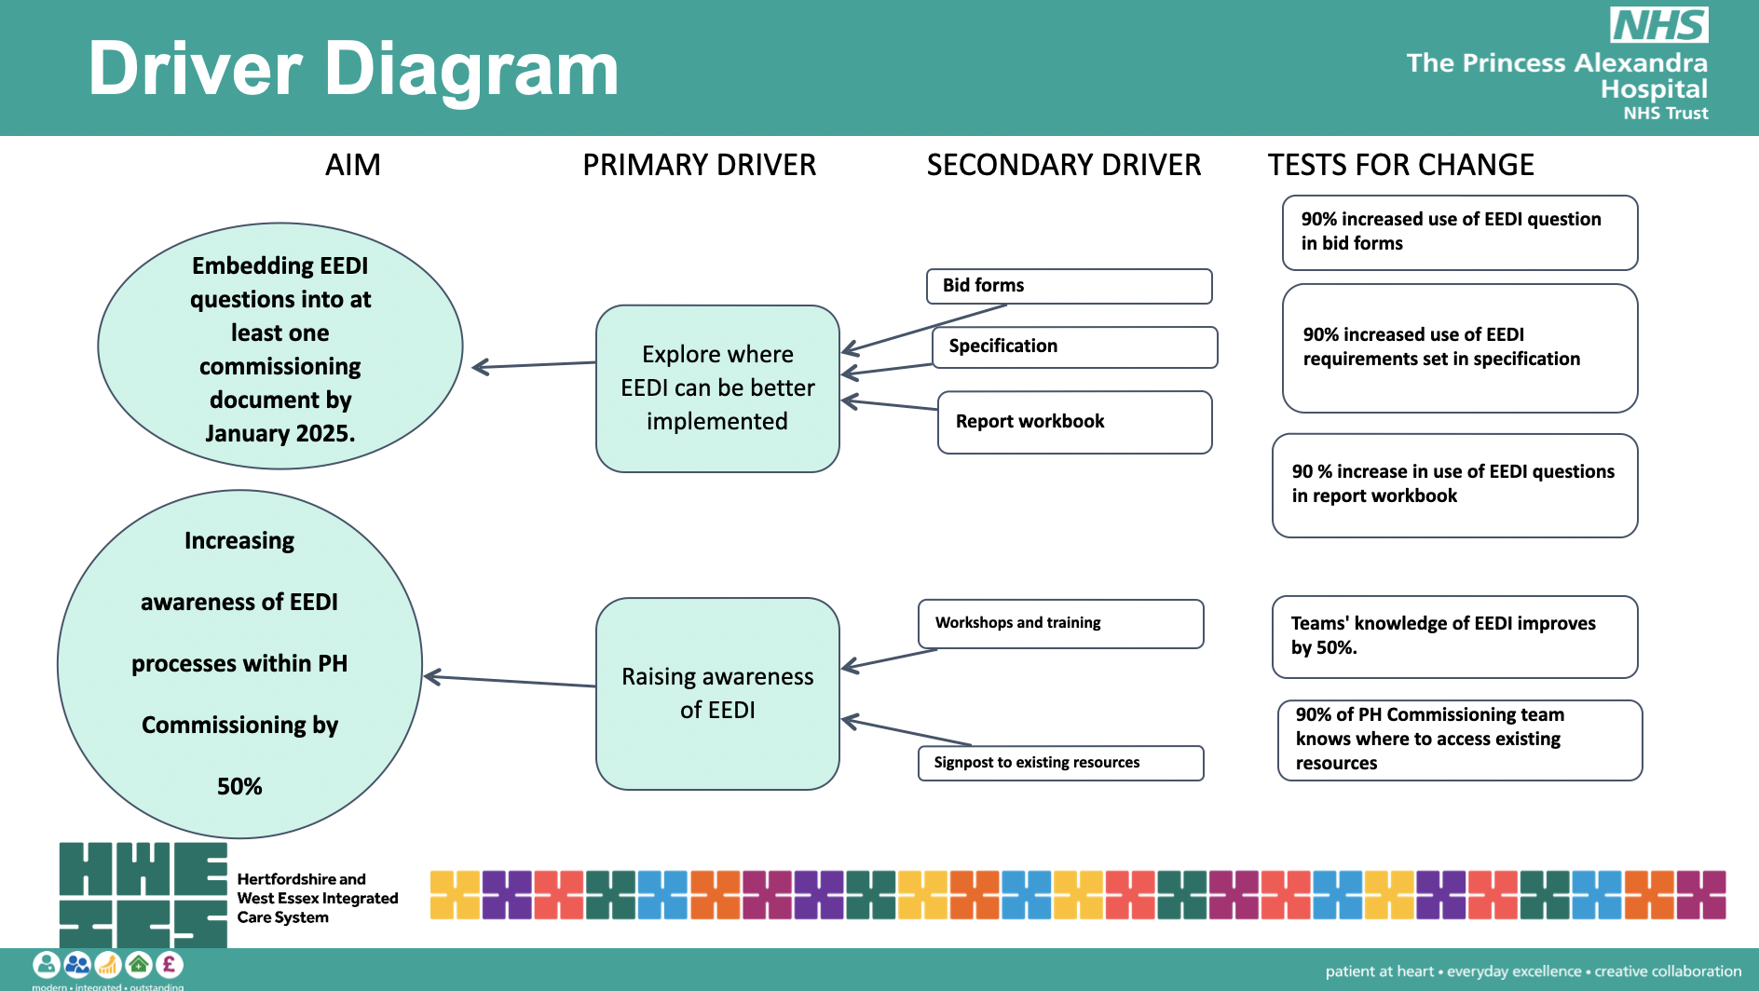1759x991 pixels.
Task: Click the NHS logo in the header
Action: click(1659, 25)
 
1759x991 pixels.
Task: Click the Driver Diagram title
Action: click(353, 69)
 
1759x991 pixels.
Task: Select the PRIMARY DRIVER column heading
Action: click(699, 165)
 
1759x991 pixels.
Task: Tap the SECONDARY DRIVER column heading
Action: click(1063, 165)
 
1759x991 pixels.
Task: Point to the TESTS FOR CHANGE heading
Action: click(1400, 165)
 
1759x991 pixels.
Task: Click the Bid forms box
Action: click(1069, 286)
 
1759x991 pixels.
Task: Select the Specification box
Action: click(1074, 346)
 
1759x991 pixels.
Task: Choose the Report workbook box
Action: click(1074, 422)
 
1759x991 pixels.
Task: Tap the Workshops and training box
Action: click(1060, 623)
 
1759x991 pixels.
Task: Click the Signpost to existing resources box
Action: click(1060, 763)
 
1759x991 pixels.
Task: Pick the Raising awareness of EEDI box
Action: click(717, 694)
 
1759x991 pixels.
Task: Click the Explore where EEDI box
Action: click(717, 388)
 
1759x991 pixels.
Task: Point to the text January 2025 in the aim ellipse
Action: click(280, 433)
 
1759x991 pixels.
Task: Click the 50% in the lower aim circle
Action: click(239, 787)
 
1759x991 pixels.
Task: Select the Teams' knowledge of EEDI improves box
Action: click(1453, 636)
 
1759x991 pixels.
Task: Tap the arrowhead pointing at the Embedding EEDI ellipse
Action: click(480, 367)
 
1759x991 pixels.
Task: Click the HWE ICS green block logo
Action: click(143, 895)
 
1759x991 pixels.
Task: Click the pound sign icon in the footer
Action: click(169, 964)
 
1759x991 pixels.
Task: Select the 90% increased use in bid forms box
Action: click(1459, 232)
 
